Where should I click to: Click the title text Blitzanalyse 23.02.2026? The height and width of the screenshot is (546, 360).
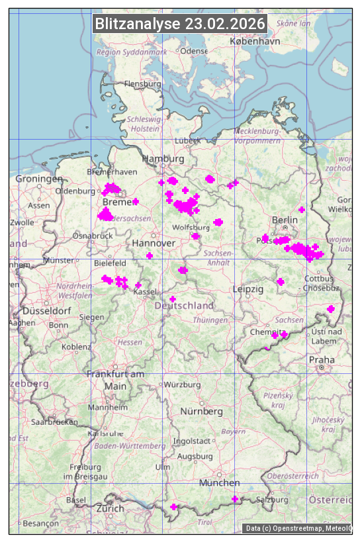point(180,24)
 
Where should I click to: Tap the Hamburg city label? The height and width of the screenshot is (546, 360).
point(163,159)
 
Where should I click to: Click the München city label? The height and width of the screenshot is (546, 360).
point(219,482)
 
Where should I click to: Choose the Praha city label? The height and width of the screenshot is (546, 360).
point(322,359)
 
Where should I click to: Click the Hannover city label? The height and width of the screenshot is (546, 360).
point(154,244)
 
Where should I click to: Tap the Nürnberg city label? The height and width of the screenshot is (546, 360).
point(202,411)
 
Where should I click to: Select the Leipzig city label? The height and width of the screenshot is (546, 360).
point(248,289)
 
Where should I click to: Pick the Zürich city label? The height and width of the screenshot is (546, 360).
point(110,508)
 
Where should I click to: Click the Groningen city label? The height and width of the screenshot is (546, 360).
point(38,179)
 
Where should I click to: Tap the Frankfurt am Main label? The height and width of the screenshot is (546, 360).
point(115,380)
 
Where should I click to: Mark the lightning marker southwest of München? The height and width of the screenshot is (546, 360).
point(173,507)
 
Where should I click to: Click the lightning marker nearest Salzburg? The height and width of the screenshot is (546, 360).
point(235,499)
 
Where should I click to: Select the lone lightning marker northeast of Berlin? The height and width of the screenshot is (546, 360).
point(302,210)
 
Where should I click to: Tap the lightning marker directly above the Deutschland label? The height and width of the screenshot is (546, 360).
point(173,299)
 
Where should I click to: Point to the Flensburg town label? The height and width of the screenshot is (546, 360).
point(142,84)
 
